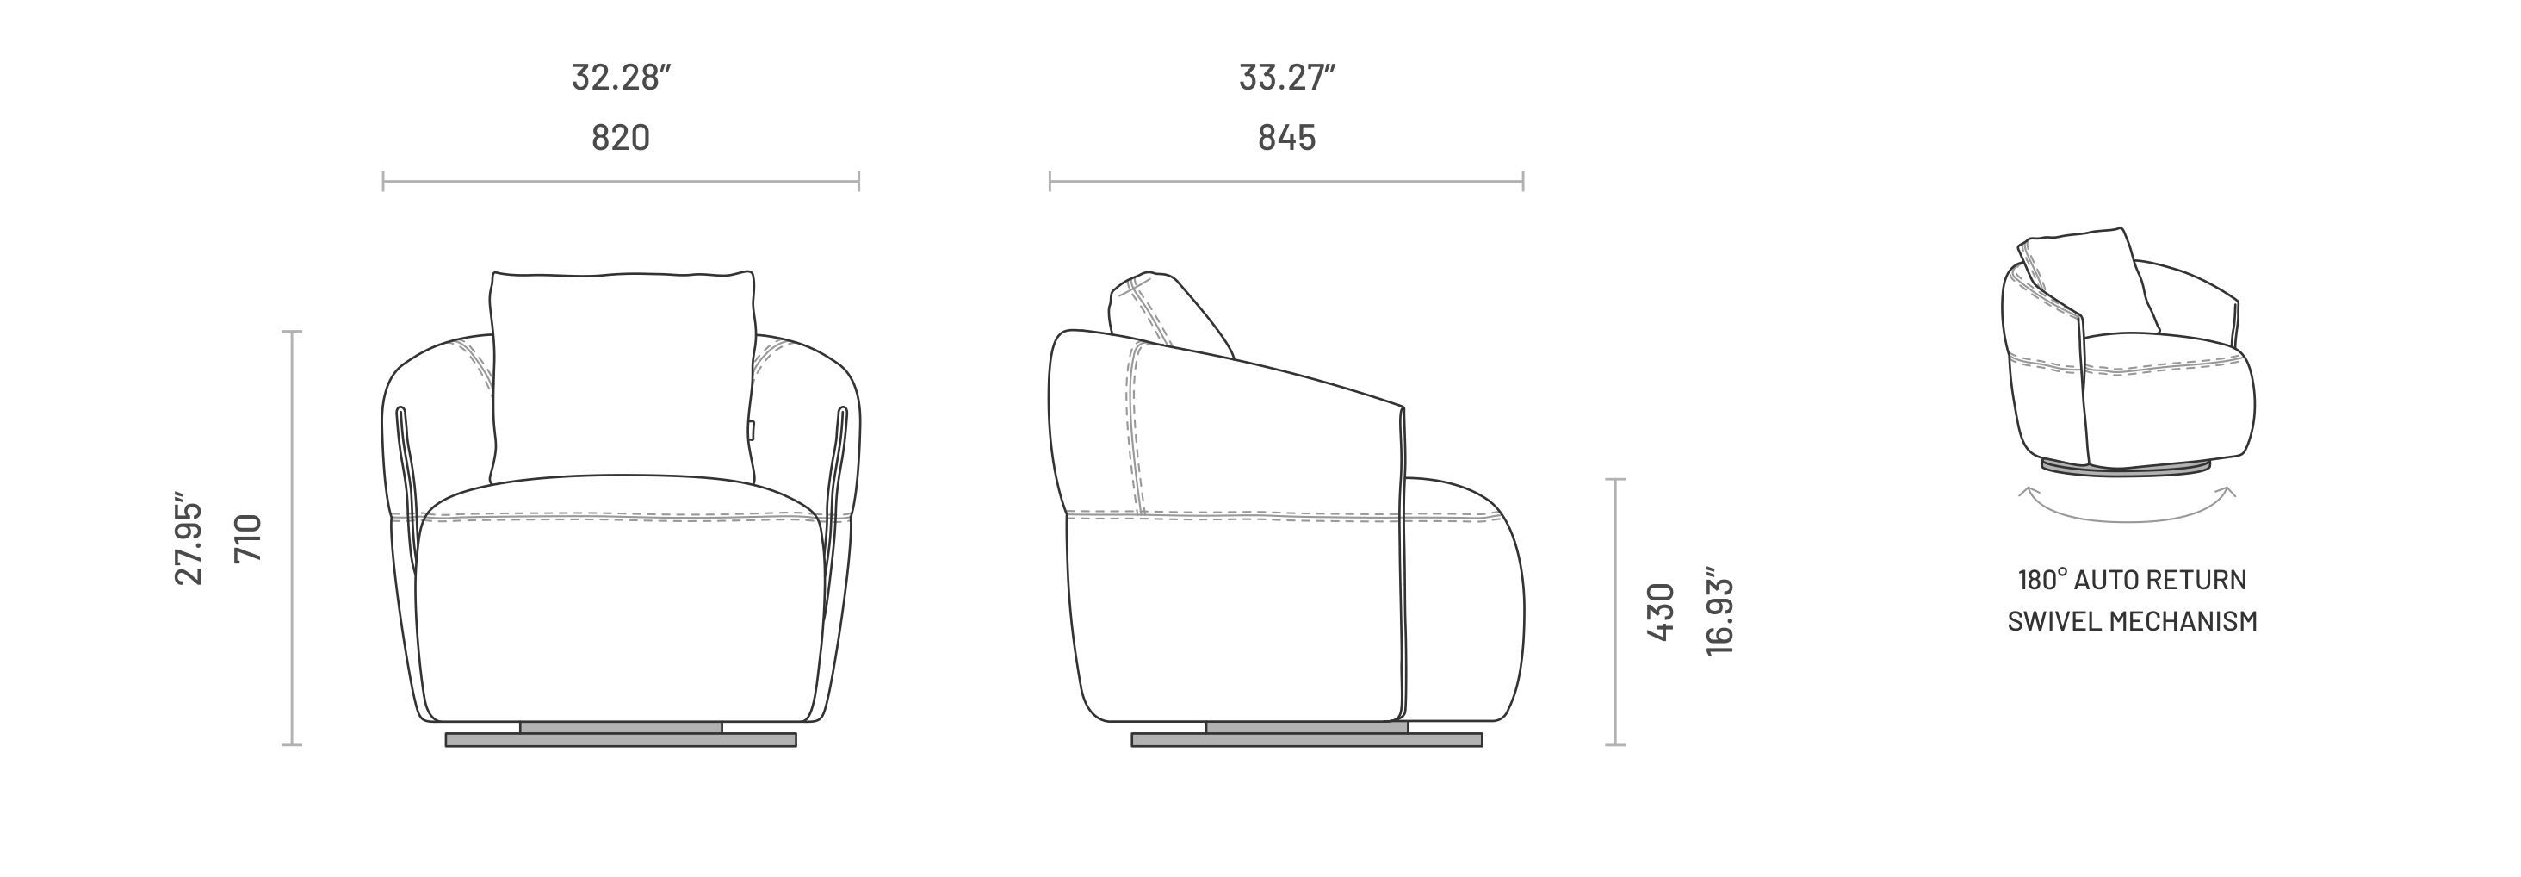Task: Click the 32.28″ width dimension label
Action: (x=622, y=78)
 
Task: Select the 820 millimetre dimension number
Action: (x=621, y=138)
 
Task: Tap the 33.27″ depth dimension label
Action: (x=1287, y=78)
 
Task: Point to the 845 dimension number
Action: (x=1287, y=138)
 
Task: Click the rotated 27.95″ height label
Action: (x=188, y=538)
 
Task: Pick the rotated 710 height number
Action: (x=249, y=538)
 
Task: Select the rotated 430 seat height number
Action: (x=1662, y=612)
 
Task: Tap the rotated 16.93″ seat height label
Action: (x=1719, y=611)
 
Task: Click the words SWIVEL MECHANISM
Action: (x=2133, y=621)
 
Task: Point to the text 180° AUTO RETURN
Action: (x=2133, y=581)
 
